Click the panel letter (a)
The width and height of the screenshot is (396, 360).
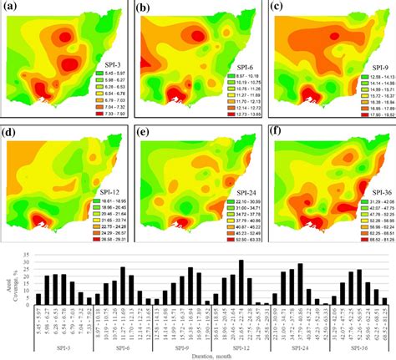[15, 10]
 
